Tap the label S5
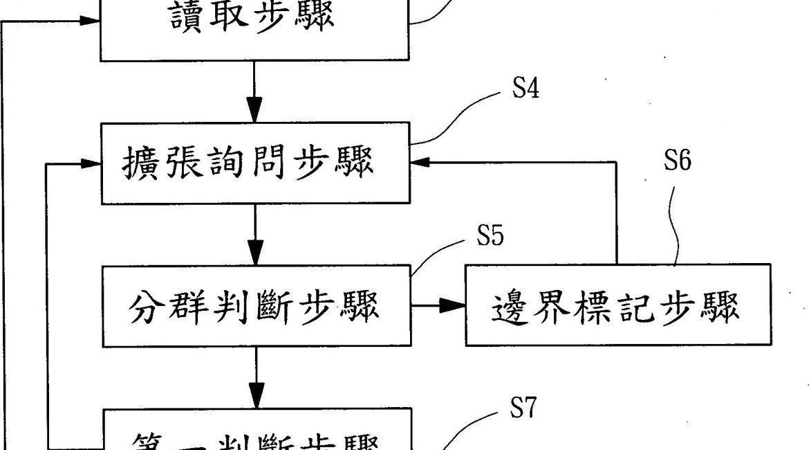[x=490, y=236]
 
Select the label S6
[x=677, y=161]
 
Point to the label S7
[x=523, y=409]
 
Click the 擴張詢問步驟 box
[x=255, y=163]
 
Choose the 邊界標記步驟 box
[x=617, y=305]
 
